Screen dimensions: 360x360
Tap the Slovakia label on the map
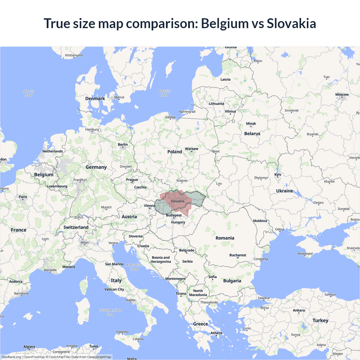(x=177, y=201)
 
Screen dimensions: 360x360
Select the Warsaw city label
(x=192, y=149)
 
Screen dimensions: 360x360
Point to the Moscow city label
(x=342, y=94)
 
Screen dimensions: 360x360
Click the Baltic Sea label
(x=165, y=93)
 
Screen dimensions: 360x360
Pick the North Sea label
(x=29, y=93)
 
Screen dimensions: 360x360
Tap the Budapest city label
(x=174, y=215)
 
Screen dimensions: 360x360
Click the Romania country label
(x=225, y=238)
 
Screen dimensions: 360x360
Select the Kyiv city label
(x=278, y=175)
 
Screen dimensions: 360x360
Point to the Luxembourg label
(x=57, y=186)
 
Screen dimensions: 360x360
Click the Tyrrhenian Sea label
(x=110, y=312)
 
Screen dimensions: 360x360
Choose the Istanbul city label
(x=264, y=298)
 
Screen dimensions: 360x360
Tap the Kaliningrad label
(x=187, y=112)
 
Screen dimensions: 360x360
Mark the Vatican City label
(x=114, y=289)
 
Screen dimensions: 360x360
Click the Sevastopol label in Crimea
(x=305, y=253)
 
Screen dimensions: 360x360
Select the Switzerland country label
(x=76, y=227)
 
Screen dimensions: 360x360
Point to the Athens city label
(x=216, y=333)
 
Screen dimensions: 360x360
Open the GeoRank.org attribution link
(x=11, y=357)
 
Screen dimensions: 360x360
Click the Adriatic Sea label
(x=134, y=267)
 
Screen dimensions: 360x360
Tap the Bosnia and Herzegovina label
(x=161, y=260)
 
